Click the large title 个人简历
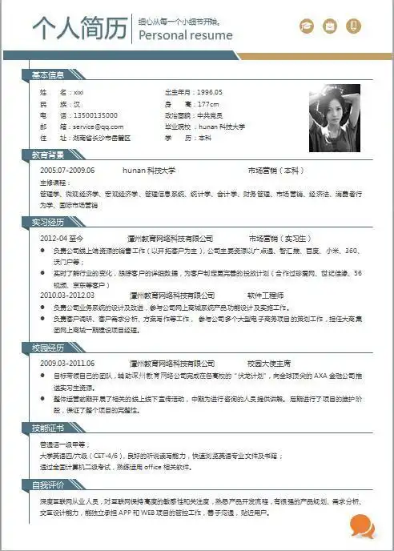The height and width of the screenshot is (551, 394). coord(80,28)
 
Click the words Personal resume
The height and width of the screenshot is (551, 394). coord(186,35)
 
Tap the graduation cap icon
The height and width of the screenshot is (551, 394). coord(307,27)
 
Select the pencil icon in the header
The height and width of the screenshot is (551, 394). coord(353,27)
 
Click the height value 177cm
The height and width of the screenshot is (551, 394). coord(209,104)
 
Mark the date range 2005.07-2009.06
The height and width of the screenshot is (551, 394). coord(67,171)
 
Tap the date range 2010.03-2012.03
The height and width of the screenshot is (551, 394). coord(67,296)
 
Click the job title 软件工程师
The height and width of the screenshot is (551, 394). coord(267,296)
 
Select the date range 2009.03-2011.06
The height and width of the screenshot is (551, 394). coord(67,363)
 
